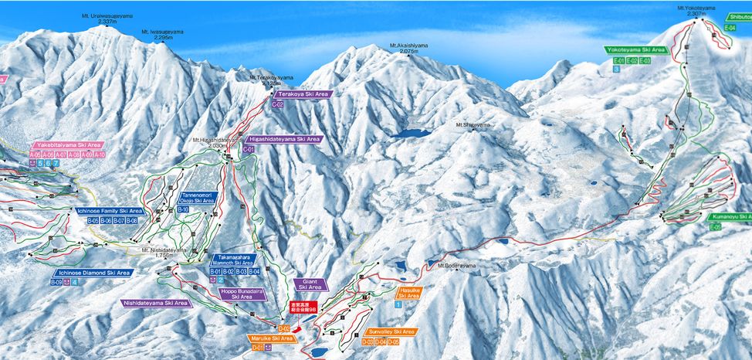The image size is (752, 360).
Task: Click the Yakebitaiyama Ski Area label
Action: (68, 144)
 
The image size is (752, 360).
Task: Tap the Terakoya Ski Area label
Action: (299, 93)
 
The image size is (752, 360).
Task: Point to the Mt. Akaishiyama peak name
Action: (408, 46)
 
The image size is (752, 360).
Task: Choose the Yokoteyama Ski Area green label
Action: (635, 49)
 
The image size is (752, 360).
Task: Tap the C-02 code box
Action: (279, 104)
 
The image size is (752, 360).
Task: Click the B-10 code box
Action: (183, 209)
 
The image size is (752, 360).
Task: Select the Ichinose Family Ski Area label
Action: (110, 211)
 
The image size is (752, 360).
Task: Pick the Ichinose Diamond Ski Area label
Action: (93, 273)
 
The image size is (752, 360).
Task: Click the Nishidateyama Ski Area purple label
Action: (156, 304)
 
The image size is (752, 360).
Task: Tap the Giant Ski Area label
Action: (310, 285)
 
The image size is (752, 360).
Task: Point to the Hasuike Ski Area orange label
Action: (408, 292)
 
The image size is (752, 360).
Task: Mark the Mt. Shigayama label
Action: (473, 124)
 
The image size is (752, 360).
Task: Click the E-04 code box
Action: (730, 28)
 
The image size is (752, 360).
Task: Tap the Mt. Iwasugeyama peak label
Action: (163, 34)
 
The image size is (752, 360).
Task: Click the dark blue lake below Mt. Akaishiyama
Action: (410, 133)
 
